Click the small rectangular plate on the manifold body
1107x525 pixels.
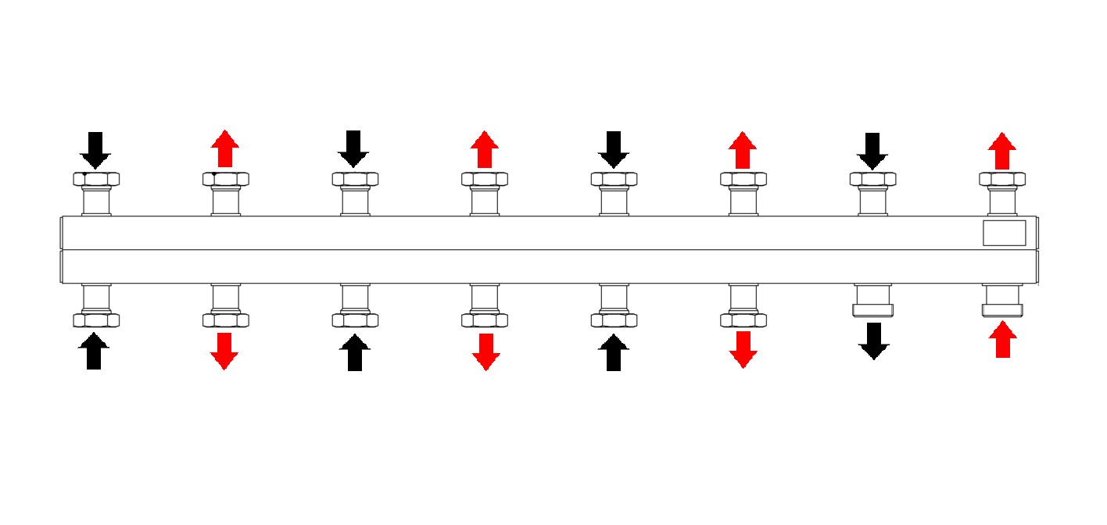[x=1004, y=233]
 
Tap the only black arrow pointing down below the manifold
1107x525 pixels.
[x=873, y=341]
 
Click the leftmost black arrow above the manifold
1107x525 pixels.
[x=95, y=150]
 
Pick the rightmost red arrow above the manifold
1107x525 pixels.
[x=1002, y=151]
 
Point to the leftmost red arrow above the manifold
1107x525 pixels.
[x=225, y=149]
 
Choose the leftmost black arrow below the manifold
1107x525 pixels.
[x=94, y=351]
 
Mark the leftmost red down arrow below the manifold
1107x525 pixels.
[x=224, y=351]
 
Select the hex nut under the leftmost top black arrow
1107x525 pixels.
[x=95, y=179]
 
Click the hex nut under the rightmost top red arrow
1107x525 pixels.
[x=1002, y=179]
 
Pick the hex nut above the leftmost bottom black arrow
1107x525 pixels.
[x=95, y=320]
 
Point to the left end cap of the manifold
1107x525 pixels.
[x=62, y=249]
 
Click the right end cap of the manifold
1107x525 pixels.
[x=1038, y=249]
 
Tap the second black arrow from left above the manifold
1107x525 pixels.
[x=353, y=149]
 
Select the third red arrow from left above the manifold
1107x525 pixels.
[x=743, y=150]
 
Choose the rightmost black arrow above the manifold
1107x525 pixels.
[x=872, y=151]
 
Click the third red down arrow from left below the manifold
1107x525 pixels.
[x=743, y=349]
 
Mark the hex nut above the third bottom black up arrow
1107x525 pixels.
[x=614, y=320]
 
